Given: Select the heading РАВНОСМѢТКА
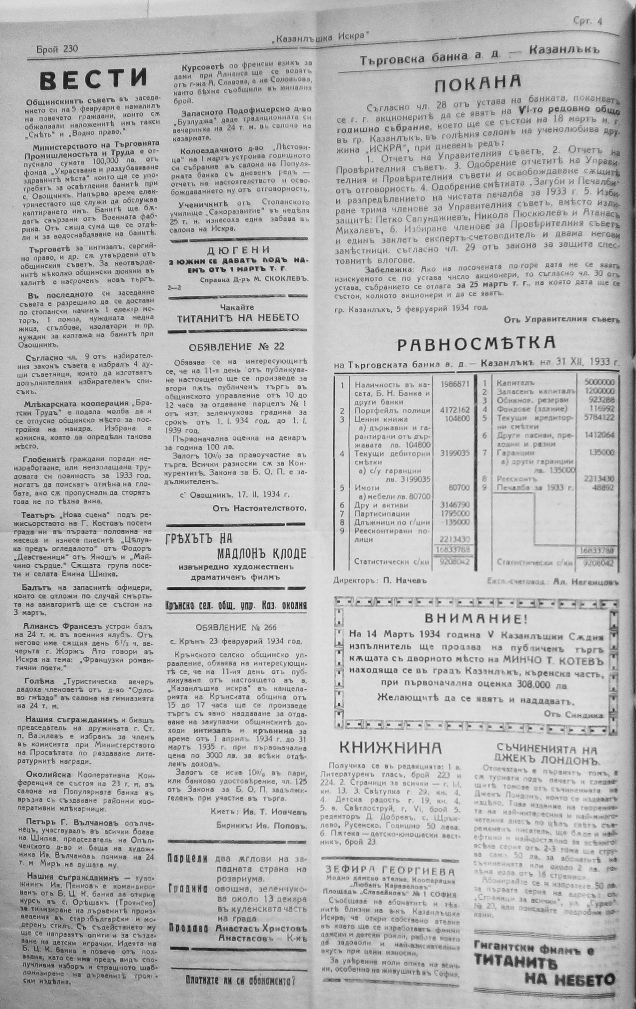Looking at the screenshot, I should click(x=476, y=344).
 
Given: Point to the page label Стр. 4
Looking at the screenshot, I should click(x=587, y=21).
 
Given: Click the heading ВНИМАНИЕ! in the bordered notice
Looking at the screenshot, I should click(x=476, y=619).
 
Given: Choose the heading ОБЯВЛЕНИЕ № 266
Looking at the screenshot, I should click(x=236, y=627).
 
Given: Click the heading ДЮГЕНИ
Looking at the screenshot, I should click(x=239, y=250).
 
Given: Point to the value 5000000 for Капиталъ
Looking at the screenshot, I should click(x=601, y=382).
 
